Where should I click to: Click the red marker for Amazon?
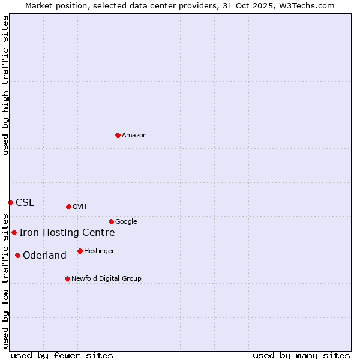118,135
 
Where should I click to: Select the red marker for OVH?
68,206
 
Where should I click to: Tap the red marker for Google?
111,221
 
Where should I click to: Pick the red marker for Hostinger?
80,251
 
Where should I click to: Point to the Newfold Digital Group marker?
67,278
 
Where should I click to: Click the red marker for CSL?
10,202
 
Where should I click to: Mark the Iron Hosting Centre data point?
14,232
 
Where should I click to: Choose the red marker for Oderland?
17,255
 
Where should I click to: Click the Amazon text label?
134,136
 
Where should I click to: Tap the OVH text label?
80,207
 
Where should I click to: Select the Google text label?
126,222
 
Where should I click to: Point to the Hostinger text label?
99,251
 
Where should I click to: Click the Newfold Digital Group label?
106,279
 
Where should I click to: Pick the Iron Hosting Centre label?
67,233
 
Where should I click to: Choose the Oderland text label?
44,256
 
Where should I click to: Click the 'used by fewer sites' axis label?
62,355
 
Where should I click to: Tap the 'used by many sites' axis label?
301,355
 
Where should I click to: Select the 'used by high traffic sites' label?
5,85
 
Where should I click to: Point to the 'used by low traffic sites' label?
5,280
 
